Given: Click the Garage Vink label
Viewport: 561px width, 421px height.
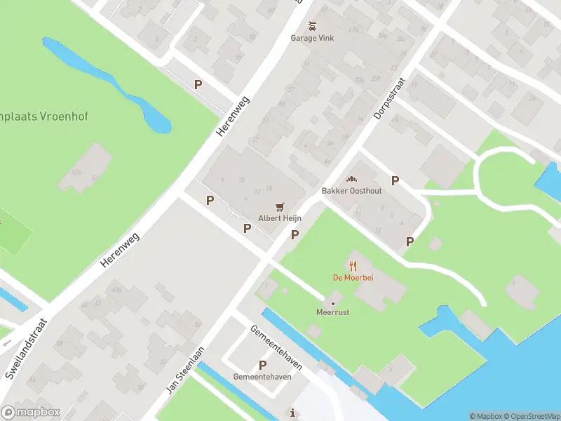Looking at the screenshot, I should coord(312,38).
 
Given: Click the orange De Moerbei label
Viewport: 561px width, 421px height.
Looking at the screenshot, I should coord(353,277).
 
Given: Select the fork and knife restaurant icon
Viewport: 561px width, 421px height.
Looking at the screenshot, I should coord(353,265).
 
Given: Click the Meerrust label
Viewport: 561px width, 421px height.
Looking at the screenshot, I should coord(332,313).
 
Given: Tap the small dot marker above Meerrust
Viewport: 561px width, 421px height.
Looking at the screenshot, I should coord(332,303).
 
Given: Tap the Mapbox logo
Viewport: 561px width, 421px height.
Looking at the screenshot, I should coord(31,413).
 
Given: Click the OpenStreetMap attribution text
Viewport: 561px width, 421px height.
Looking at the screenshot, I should coord(531,416).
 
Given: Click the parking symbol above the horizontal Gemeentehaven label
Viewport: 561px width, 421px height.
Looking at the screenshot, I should coord(263,365).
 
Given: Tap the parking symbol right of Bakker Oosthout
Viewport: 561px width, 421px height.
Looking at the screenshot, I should coord(396,181).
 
